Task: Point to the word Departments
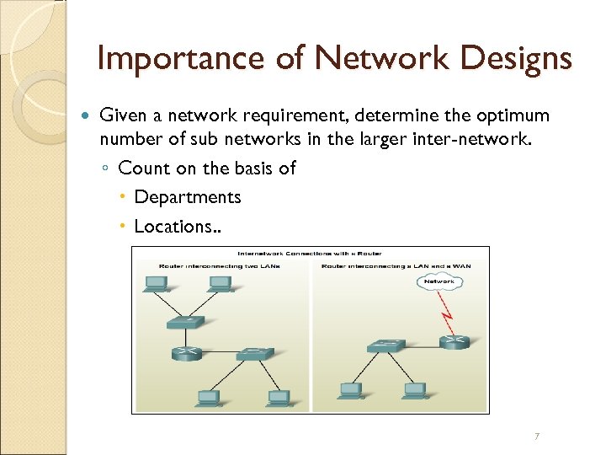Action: tap(188, 197)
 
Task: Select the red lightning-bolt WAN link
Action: tap(445, 318)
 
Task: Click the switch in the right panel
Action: tap(386, 345)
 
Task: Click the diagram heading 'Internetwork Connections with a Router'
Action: tap(310, 254)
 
